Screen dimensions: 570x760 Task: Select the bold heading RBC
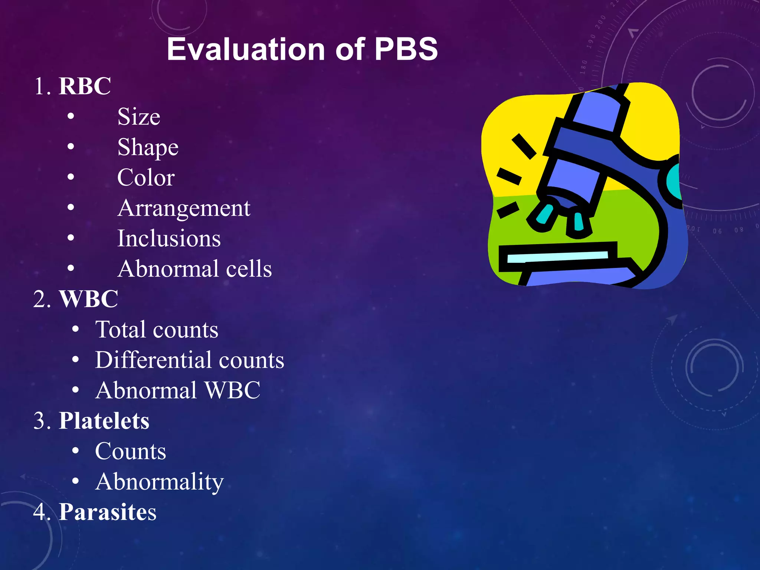(x=85, y=86)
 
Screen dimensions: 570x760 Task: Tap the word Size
(x=139, y=117)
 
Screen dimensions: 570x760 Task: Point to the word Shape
(x=148, y=148)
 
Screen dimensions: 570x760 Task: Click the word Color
(x=146, y=177)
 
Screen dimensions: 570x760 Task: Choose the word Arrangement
(x=184, y=208)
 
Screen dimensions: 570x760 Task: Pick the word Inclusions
(x=169, y=238)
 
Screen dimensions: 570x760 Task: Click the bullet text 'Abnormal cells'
(x=194, y=269)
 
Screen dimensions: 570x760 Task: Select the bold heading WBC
(x=89, y=299)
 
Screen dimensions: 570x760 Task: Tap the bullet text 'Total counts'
(x=157, y=330)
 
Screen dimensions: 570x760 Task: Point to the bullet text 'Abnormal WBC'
(x=178, y=390)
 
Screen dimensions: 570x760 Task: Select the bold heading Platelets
(x=104, y=421)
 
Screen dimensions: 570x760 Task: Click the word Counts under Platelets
(x=130, y=451)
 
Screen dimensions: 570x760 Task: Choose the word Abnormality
(x=159, y=482)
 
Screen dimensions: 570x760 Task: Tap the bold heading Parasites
(x=108, y=512)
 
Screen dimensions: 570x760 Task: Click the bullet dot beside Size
(x=71, y=117)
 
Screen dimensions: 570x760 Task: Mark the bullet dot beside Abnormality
(x=76, y=481)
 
